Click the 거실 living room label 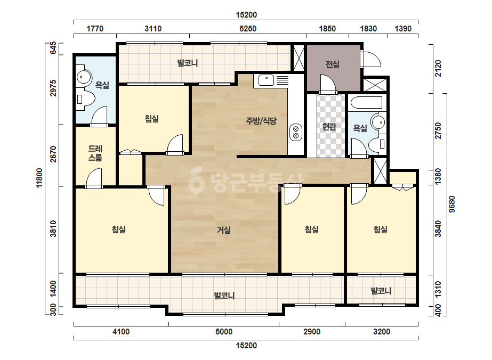[x=224, y=230]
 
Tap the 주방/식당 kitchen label [x=261, y=121]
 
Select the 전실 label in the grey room [x=332, y=64]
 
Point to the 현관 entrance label [x=329, y=127]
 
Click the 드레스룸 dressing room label [x=95, y=153]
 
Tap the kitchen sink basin [x=266, y=80]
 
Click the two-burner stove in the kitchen [x=296, y=132]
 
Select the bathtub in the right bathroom [x=366, y=102]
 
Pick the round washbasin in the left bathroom [x=84, y=77]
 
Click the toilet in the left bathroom [x=85, y=99]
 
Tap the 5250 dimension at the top [x=248, y=29]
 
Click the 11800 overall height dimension [x=39, y=178]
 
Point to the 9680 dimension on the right [x=452, y=204]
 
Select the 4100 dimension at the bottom [x=121, y=331]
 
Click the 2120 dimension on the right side [x=438, y=68]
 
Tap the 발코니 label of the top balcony [x=188, y=63]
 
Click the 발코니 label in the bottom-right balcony [x=381, y=291]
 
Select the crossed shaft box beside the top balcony [x=299, y=58]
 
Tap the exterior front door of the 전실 [x=370, y=59]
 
